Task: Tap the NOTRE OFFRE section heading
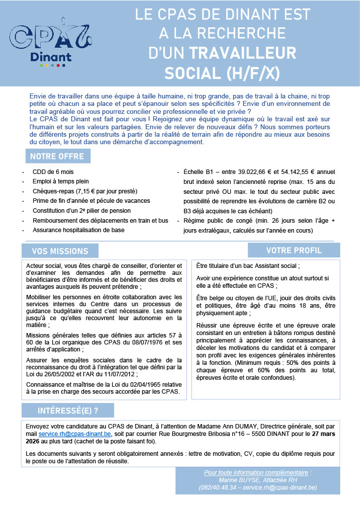(x=58, y=156)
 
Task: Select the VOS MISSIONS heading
(x=60, y=251)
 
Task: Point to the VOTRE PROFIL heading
(x=294, y=250)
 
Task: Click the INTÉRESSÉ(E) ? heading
(x=68, y=410)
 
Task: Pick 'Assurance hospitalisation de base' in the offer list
(x=79, y=230)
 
